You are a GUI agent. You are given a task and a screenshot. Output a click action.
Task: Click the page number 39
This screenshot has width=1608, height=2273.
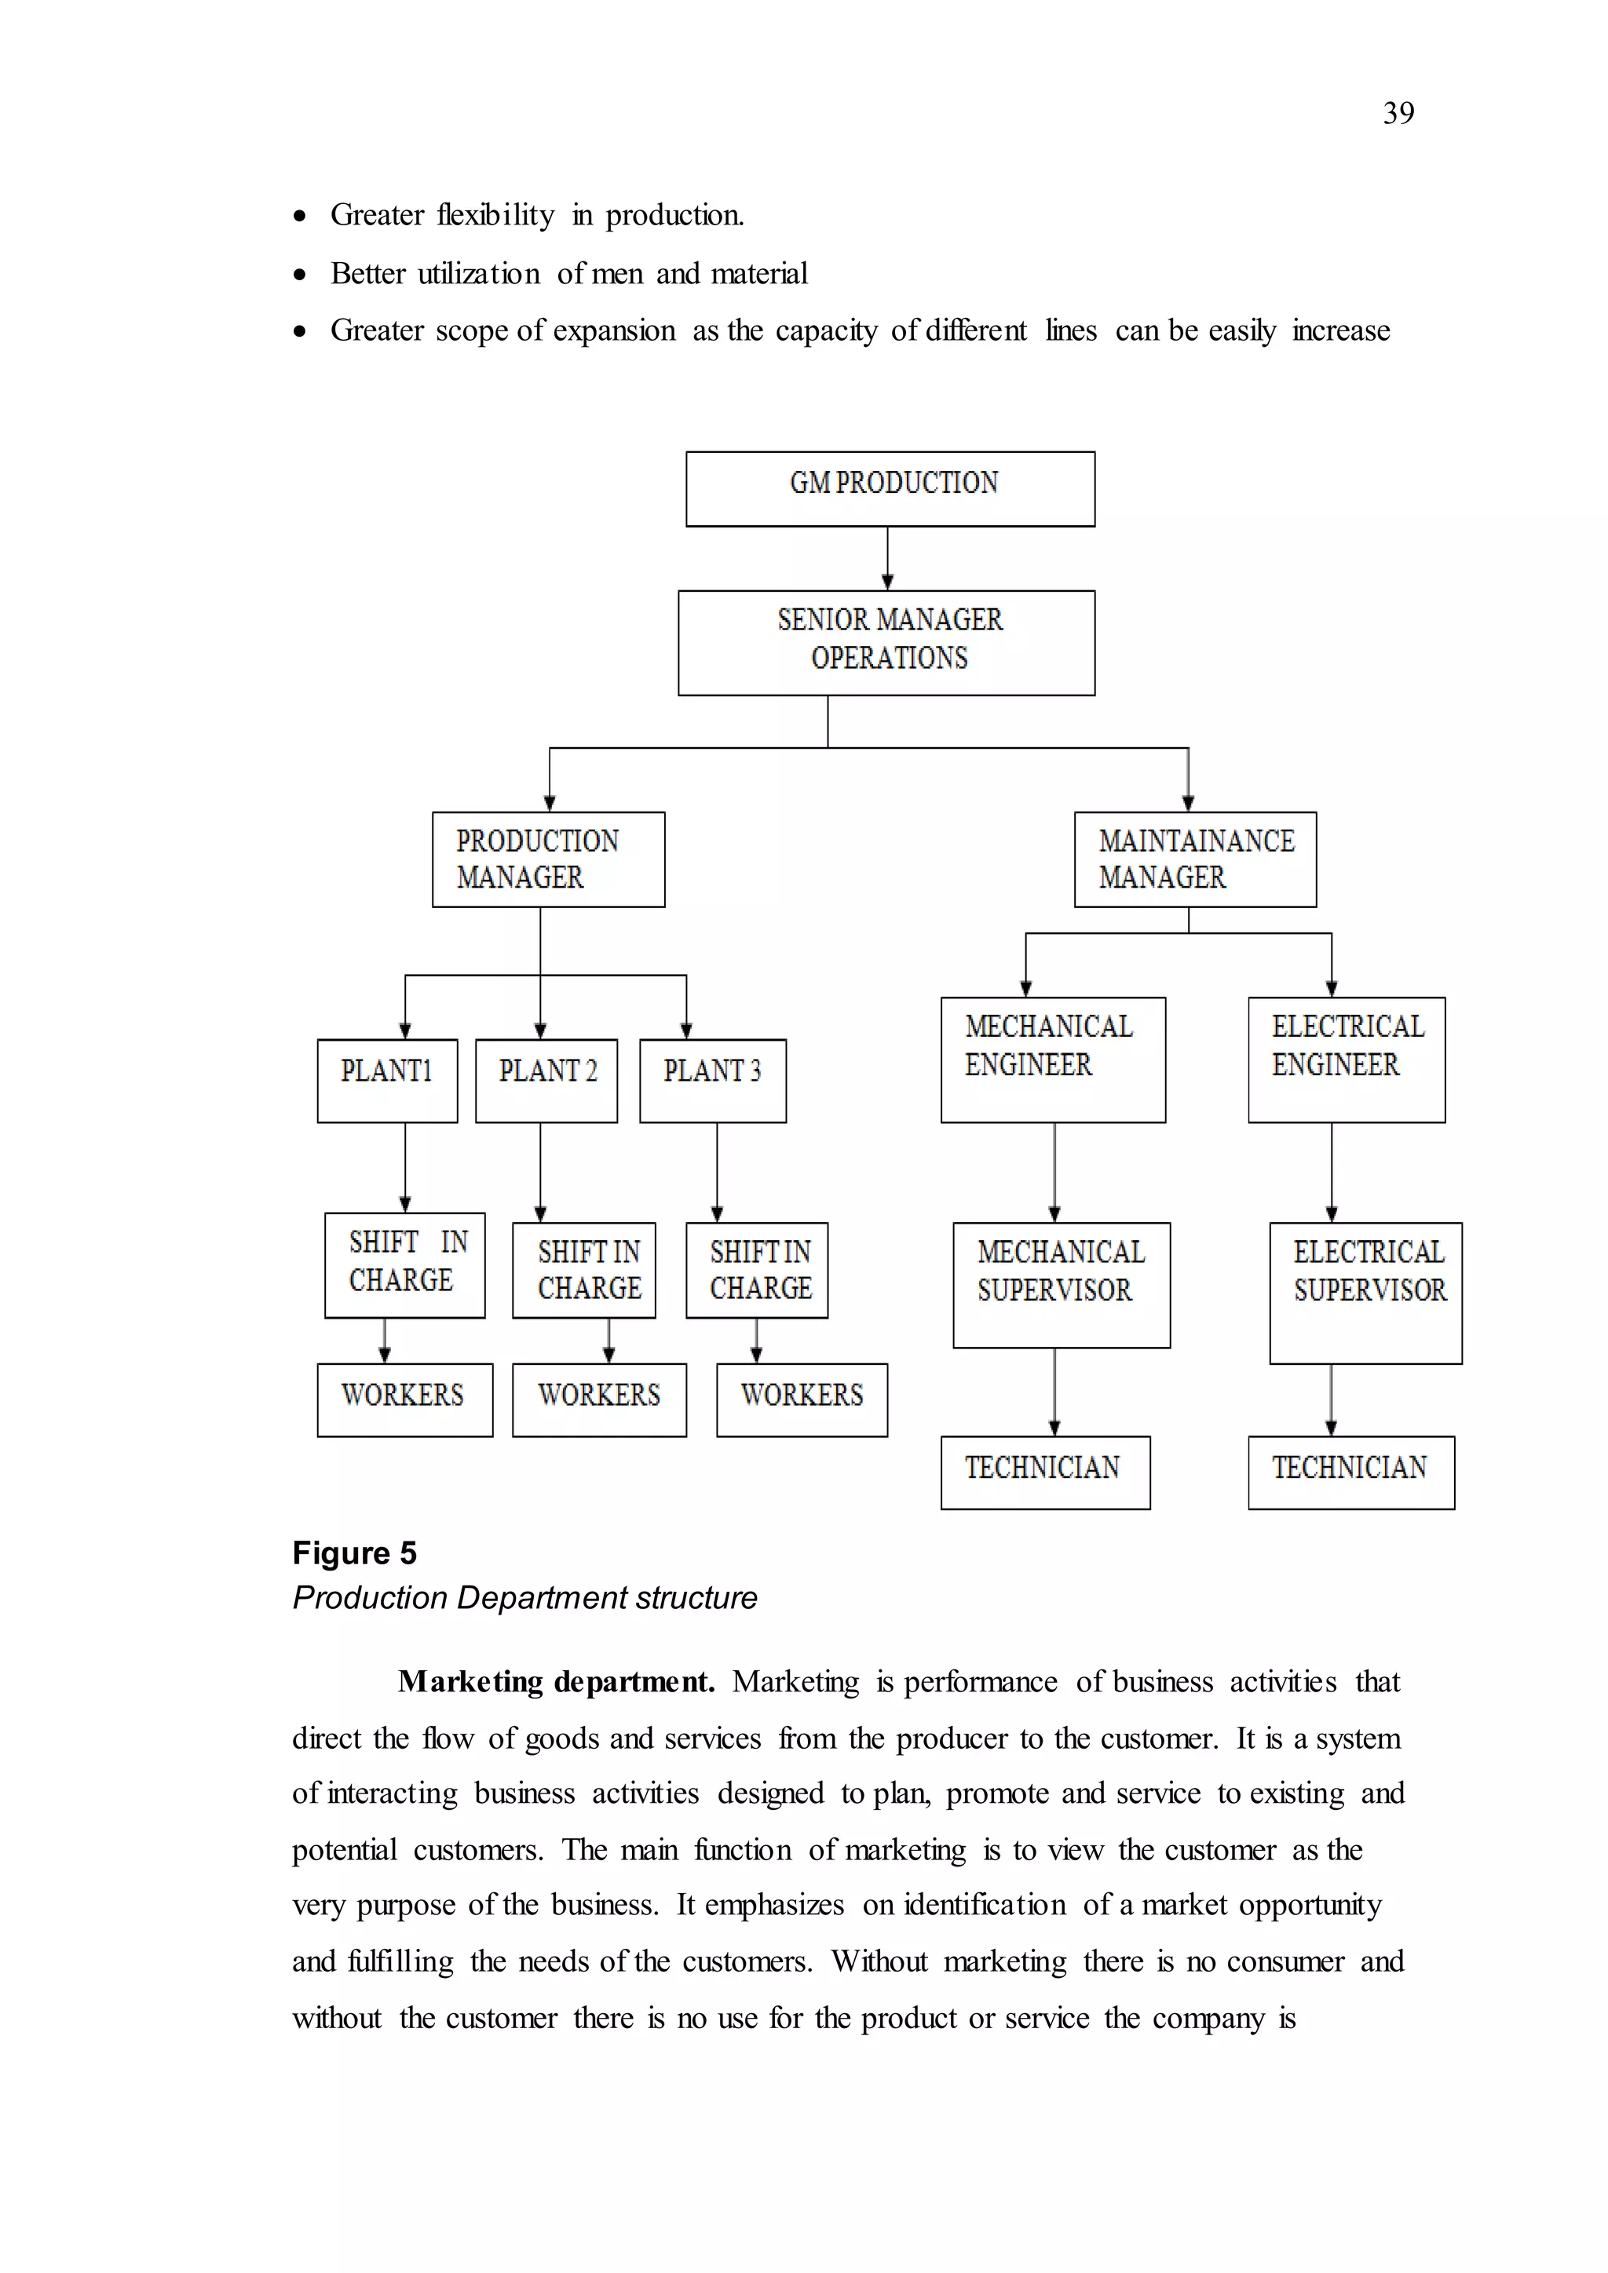pyautogui.click(x=1398, y=114)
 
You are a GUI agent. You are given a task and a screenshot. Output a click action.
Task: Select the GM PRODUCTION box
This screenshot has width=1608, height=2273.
pyautogui.click(x=890, y=489)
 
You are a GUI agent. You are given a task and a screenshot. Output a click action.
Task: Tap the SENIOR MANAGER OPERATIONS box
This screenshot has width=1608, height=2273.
pyautogui.click(x=886, y=643)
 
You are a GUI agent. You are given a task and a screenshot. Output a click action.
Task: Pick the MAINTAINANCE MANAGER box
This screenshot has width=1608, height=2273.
pyautogui.click(x=1195, y=859)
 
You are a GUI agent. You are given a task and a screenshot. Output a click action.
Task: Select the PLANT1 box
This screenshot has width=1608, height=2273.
pyautogui.click(x=387, y=1080)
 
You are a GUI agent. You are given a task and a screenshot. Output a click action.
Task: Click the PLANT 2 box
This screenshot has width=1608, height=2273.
pyautogui.click(x=546, y=1080)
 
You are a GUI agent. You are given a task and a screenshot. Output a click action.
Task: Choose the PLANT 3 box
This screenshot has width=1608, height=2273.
pyautogui.click(x=713, y=1080)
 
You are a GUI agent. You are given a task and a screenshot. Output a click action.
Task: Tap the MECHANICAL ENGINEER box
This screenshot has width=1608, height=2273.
pyautogui.click(x=1053, y=1060)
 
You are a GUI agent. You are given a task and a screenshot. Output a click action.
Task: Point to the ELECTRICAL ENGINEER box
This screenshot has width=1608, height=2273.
pyautogui.click(x=1347, y=1060)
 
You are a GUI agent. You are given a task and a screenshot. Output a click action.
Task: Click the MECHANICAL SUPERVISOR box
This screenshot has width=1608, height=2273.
pyautogui.click(x=1062, y=1285)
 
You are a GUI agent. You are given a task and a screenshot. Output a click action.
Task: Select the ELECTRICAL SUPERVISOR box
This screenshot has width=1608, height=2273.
pyautogui.click(x=1365, y=1293)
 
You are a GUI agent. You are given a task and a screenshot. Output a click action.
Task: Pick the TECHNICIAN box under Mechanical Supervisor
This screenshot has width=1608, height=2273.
pyautogui.click(x=1046, y=1472)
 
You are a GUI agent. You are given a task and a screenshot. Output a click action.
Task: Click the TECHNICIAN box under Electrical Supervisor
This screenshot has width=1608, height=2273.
pyautogui.click(x=1351, y=1472)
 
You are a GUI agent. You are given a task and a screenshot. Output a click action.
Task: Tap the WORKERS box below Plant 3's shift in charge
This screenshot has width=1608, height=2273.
pyautogui.click(x=802, y=1400)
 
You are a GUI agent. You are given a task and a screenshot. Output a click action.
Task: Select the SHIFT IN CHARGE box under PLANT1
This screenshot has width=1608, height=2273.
pyautogui.click(x=405, y=1265)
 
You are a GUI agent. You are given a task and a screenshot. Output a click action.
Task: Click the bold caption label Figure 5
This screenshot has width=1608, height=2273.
pyautogui.click(x=354, y=1553)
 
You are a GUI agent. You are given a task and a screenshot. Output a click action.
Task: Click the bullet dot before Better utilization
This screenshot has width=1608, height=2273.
pyautogui.click(x=300, y=274)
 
